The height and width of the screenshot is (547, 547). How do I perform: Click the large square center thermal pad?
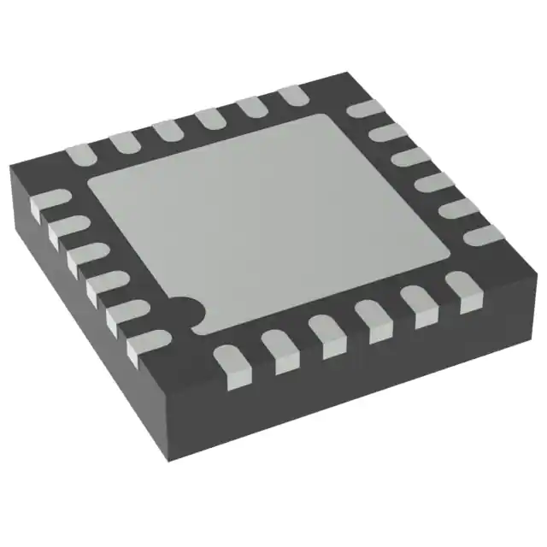point(269,218)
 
